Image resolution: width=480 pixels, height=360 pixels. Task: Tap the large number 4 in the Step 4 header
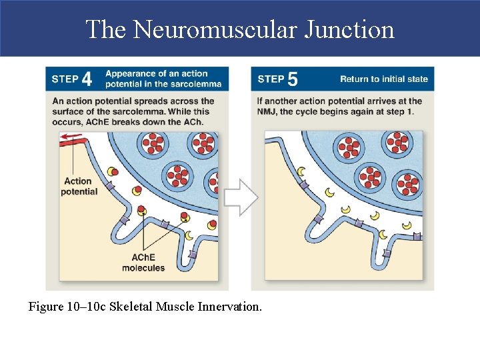(87, 79)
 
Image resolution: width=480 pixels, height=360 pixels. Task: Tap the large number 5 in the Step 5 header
(292, 79)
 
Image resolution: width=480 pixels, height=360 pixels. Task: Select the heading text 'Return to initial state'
(384, 79)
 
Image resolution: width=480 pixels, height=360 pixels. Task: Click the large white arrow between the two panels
(240, 197)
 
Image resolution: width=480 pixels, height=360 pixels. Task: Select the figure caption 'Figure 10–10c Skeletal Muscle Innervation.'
(145, 307)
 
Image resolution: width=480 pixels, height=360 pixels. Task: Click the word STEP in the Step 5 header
(271, 79)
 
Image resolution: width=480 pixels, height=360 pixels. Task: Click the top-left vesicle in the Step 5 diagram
(349, 147)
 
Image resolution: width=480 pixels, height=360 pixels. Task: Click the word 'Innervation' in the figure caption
(233, 307)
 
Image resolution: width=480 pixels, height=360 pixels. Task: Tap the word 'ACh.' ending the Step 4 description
(194, 121)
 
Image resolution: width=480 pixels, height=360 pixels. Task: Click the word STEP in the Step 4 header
(65, 79)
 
